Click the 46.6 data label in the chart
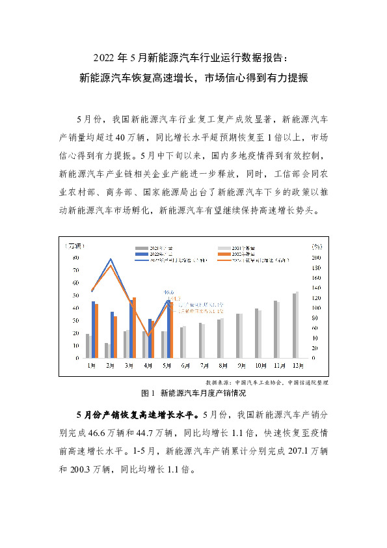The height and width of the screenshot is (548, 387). coord(168,292)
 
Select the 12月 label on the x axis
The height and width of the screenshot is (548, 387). coord(297,364)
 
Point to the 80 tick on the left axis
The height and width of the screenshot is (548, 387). coord(77,258)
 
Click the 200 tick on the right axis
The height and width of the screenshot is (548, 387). coord(317,258)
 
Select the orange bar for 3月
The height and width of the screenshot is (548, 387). coord(134,327)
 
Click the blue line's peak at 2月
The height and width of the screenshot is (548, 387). coord(111,259)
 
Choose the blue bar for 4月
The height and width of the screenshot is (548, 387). coord(150,338)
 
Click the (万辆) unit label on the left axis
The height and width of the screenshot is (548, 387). coord(73,246)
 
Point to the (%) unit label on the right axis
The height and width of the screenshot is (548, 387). coord(316,247)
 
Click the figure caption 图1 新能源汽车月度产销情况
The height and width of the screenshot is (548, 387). coord(194,393)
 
